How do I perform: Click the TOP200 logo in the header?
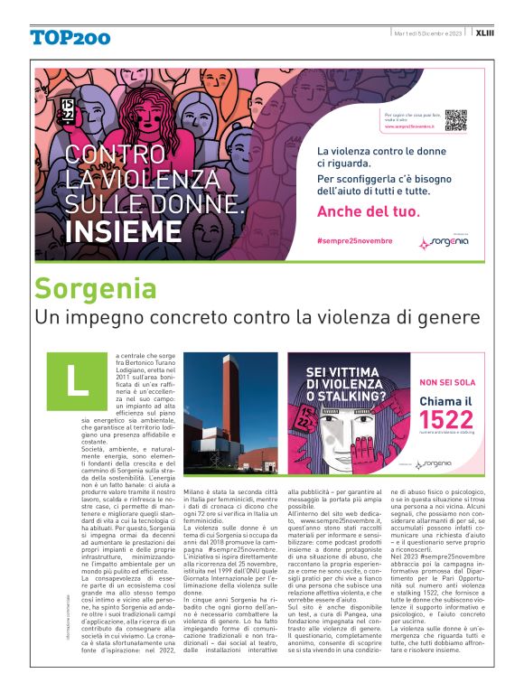coord(70,37)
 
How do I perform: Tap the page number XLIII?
coord(485,33)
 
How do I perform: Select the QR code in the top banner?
coord(455,120)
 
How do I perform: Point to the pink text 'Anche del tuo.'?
coord(369,212)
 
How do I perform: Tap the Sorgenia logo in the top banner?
coord(444,242)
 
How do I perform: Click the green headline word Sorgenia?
coord(95,288)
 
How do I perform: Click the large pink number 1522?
coord(440,418)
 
